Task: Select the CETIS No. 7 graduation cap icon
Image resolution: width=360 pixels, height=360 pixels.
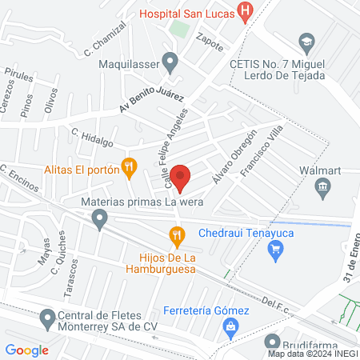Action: click(305, 42)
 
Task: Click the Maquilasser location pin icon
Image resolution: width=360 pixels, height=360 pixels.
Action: click(170, 61)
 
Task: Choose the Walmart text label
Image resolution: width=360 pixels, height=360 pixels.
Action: click(321, 170)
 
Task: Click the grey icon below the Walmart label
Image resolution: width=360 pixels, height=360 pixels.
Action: click(322, 189)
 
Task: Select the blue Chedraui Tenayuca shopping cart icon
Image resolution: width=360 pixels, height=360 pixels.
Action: click(276, 250)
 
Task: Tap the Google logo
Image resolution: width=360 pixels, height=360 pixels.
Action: click(26, 350)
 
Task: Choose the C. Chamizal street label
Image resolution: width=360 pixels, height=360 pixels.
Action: click(106, 46)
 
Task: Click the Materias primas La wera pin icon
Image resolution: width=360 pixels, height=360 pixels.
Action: click(99, 218)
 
